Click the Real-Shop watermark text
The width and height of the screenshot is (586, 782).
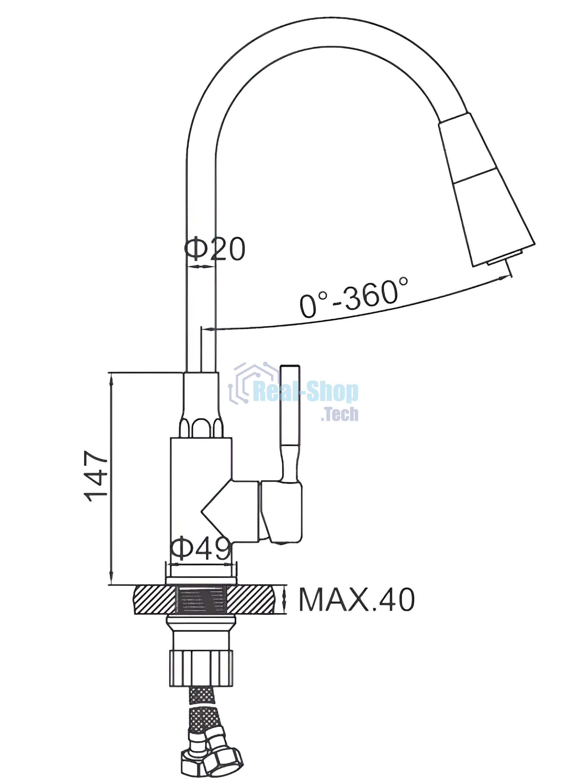coord(306,392)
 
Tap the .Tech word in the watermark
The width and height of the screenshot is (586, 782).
coord(340,414)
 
